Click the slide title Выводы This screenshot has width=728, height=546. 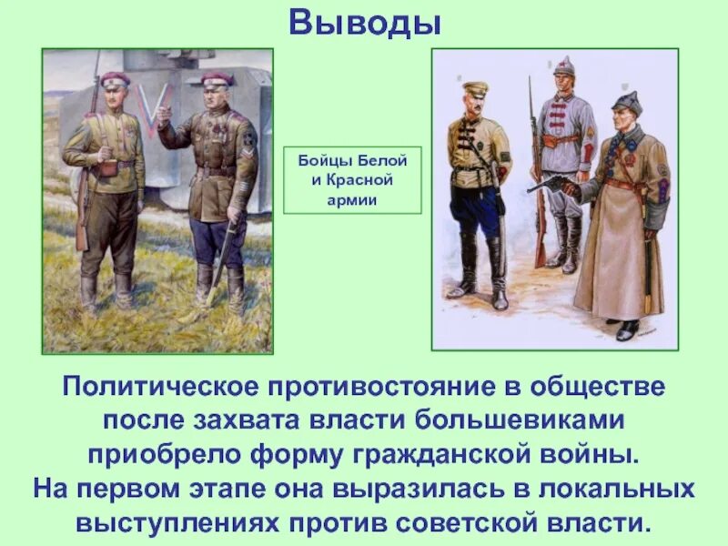click(x=364, y=23)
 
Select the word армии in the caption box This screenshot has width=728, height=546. click(x=352, y=198)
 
